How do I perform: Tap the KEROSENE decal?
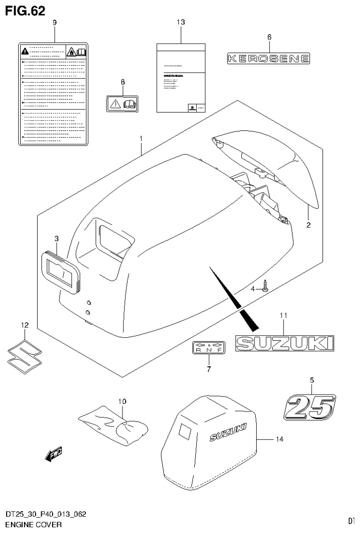(269, 58)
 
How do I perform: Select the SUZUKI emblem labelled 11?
(284, 343)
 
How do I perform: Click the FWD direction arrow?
(54, 453)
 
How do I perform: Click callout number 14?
(279, 439)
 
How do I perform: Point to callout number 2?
(308, 225)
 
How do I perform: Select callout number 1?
(140, 138)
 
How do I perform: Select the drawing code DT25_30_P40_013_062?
(46, 516)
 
